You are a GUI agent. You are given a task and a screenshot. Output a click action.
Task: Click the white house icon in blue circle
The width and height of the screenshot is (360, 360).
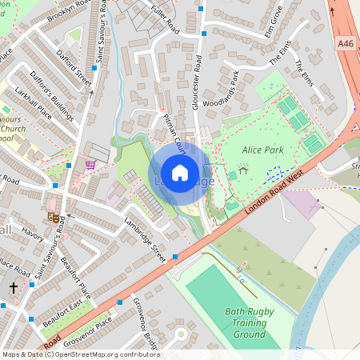point(180,173)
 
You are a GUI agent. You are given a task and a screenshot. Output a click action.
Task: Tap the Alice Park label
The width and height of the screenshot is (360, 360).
point(263,149)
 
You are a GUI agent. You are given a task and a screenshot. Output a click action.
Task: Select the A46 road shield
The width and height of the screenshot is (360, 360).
point(346,43)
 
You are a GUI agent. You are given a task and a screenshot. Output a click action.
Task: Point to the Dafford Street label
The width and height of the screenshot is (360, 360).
point(73,70)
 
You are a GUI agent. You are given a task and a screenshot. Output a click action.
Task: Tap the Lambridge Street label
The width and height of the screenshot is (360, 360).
point(144,240)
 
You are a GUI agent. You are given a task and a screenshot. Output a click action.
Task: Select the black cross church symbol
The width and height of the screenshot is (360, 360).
point(13,286)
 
